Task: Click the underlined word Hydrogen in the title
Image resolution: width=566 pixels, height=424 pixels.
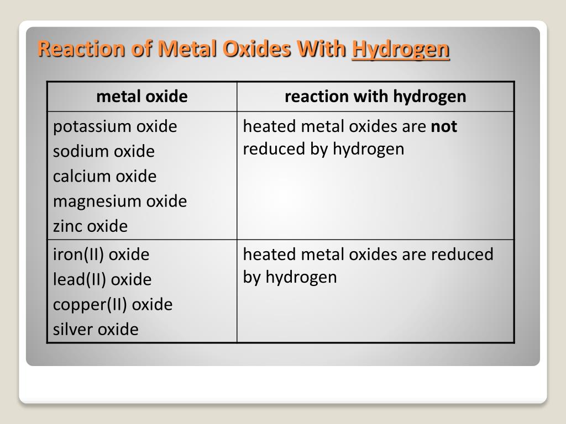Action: (x=401, y=50)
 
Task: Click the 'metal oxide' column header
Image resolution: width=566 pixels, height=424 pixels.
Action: (x=142, y=97)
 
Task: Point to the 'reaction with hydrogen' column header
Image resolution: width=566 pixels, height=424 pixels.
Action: (x=375, y=97)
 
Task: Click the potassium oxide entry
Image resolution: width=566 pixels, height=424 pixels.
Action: (x=115, y=126)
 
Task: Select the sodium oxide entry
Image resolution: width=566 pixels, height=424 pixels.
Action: (x=104, y=151)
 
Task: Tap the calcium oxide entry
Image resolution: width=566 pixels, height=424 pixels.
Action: (x=104, y=176)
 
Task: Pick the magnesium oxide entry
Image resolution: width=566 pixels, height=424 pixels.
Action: (x=120, y=201)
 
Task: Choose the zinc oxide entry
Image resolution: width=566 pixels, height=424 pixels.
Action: (x=90, y=226)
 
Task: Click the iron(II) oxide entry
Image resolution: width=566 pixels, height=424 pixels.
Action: (x=101, y=255)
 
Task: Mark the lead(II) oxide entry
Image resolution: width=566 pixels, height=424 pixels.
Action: (x=102, y=279)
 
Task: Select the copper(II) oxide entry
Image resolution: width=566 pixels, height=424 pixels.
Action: (x=113, y=304)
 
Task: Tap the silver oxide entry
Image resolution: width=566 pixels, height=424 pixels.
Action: (x=96, y=329)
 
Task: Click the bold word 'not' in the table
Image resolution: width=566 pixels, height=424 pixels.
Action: (x=444, y=126)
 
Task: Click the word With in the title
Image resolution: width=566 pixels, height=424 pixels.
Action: (x=322, y=50)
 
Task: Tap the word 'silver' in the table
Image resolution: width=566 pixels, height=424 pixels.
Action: (x=74, y=329)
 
